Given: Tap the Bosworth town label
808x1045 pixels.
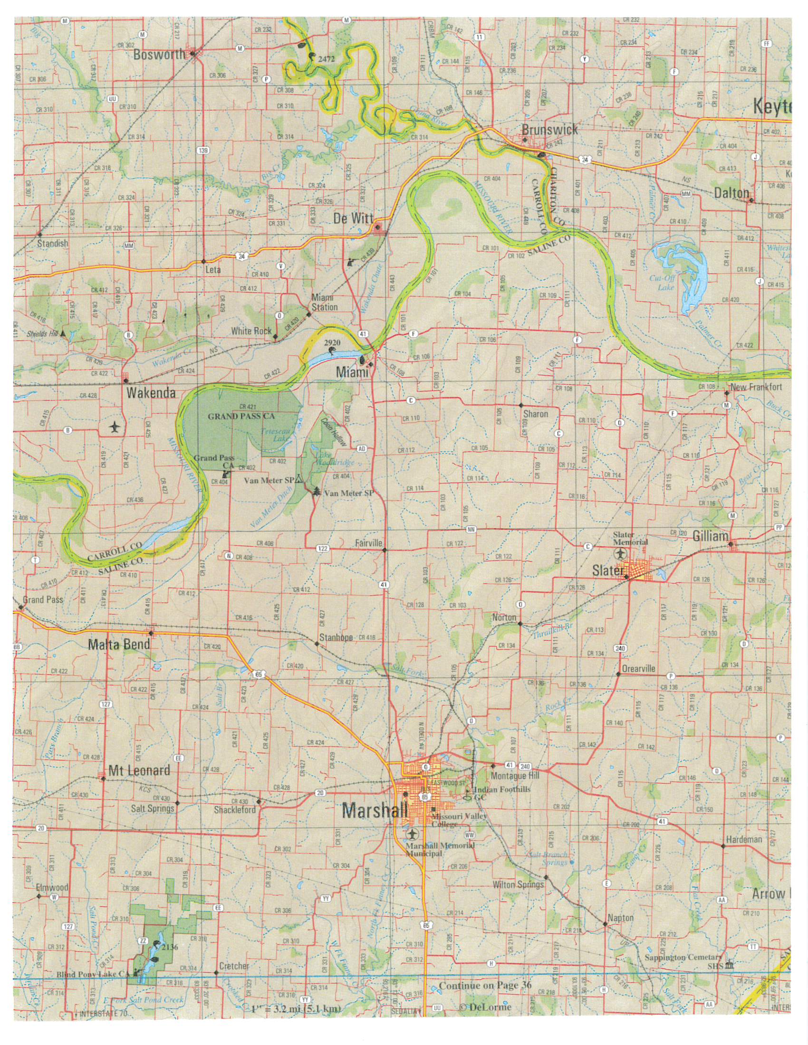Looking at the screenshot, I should (159, 55).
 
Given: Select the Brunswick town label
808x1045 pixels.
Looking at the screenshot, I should (549, 130).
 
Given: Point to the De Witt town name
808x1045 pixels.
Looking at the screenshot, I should (353, 218).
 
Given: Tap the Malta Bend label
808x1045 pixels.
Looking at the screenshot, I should (119, 645).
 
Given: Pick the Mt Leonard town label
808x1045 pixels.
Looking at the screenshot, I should (139, 770).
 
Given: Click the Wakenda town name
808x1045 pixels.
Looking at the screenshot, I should (151, 393).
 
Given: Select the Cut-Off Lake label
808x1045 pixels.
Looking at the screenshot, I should (662, 284).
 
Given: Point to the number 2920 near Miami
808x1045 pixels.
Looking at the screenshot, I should (332, 343).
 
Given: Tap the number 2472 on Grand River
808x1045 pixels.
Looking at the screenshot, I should (325, 59).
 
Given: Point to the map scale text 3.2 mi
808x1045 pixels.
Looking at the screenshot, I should (297, 1010).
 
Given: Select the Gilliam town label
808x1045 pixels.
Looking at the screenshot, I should (710, 537).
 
